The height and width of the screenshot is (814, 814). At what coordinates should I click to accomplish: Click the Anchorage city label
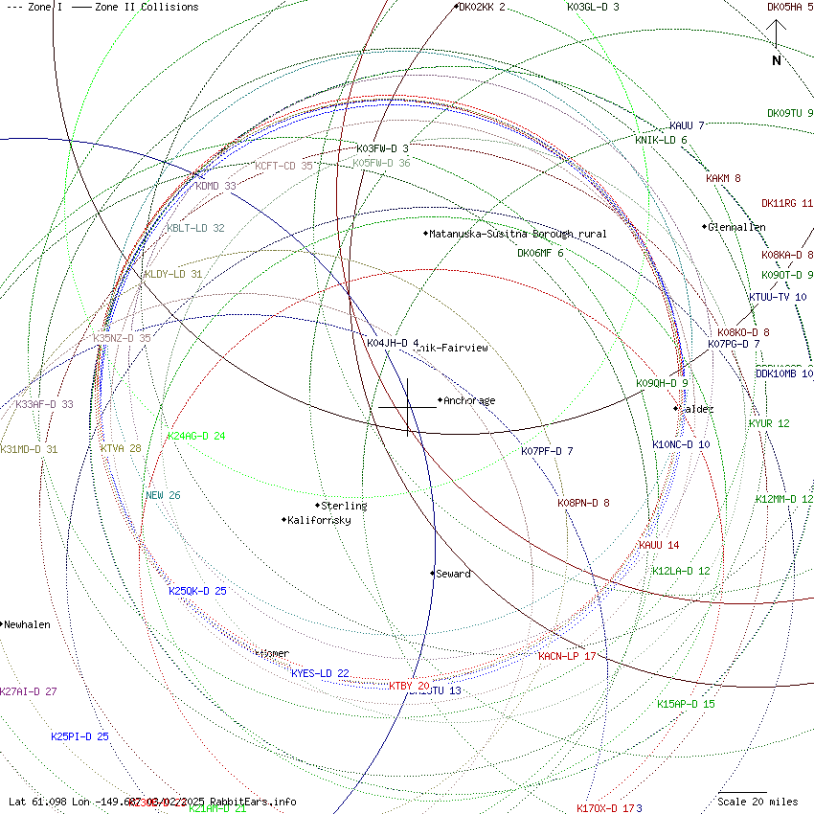(469, 400)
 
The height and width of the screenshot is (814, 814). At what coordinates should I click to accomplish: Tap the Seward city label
(453, 574)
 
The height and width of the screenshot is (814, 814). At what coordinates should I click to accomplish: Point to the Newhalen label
(27, 624)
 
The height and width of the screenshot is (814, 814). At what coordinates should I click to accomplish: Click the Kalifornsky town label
(319, 520)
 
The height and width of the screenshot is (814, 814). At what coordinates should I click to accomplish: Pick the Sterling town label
(344, 506)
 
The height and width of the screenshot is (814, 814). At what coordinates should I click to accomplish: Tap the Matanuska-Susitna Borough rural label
(517, 234)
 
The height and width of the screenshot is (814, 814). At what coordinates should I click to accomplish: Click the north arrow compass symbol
(777, 43)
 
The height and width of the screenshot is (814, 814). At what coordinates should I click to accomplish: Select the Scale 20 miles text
(757, 802)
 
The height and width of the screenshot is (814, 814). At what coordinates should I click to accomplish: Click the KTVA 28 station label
(121, 448)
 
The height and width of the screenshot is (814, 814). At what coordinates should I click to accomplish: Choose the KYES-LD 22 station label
(320, 673)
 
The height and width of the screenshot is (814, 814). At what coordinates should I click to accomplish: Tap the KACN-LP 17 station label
(567, 656)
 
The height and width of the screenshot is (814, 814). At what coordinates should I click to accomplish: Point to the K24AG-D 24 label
(196, 437)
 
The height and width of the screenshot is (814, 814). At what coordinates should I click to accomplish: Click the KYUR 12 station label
(769, 423)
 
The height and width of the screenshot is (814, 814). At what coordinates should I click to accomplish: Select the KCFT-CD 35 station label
(284, 166)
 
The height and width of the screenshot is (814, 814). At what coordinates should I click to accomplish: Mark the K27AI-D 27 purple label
(29, 691)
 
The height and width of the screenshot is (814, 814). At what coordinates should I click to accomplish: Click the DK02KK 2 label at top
(482, 8)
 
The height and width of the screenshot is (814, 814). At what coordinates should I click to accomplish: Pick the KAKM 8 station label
(723, 178)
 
